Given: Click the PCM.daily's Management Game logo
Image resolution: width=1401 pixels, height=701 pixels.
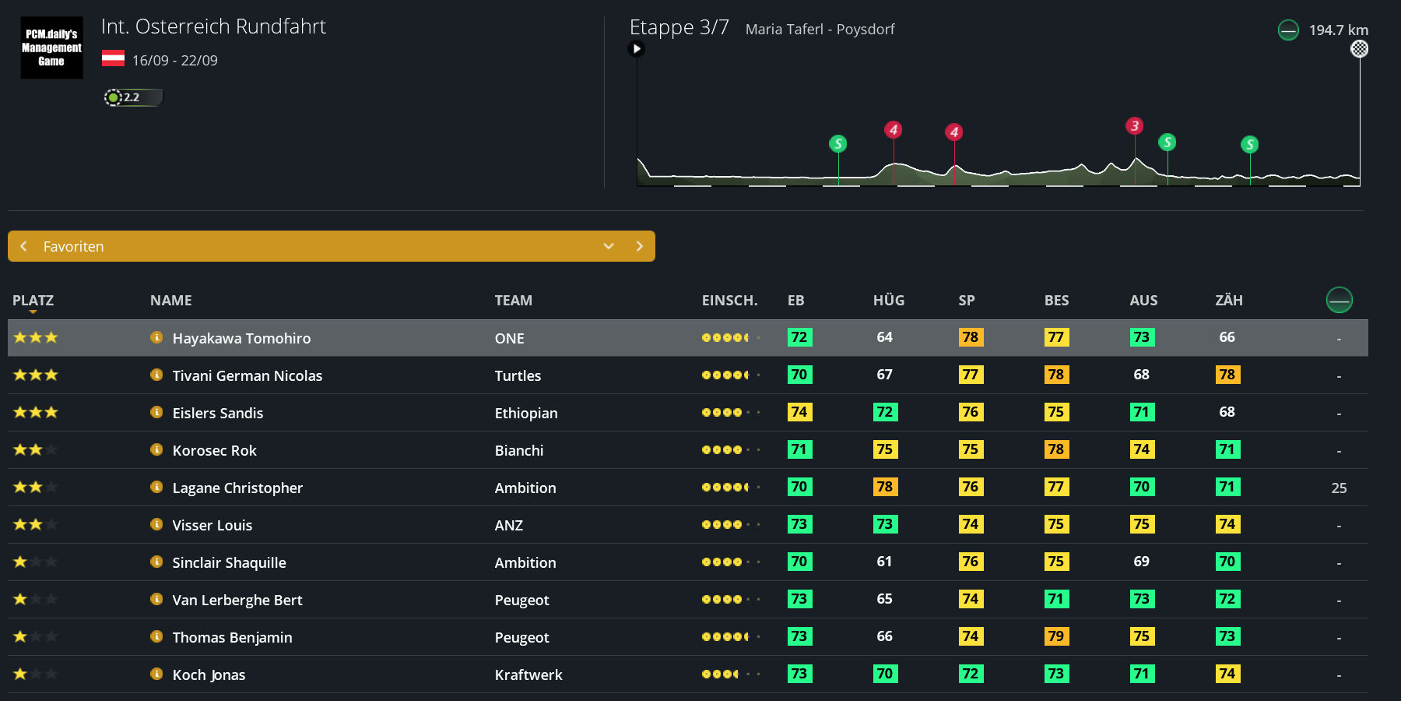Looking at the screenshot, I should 51,48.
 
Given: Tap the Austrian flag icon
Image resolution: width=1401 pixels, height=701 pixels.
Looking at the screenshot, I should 113,58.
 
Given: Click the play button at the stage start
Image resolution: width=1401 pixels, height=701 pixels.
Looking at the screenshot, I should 637,49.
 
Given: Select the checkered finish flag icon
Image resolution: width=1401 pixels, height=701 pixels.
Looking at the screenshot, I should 1359,49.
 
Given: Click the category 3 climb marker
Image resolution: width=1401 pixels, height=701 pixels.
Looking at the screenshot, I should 1135,126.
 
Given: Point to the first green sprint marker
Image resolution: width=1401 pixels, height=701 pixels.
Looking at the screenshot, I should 838,144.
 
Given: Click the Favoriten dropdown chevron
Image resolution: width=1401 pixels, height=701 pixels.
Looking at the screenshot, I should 609,246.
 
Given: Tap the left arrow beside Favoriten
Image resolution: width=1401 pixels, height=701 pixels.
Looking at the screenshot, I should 24,246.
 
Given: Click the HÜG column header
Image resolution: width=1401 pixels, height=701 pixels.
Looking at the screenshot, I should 888,301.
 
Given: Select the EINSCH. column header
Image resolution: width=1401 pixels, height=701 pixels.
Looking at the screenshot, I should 729,301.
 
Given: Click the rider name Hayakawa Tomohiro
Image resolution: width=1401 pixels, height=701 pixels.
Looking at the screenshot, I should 241,338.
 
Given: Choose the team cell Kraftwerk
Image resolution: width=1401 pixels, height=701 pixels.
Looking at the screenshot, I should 528,675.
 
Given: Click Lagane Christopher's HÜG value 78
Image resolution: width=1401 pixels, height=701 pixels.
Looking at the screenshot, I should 885,487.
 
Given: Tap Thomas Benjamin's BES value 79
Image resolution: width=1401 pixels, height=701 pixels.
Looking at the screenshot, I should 1056,636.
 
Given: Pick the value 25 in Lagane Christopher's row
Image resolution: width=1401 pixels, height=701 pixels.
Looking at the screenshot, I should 1339,488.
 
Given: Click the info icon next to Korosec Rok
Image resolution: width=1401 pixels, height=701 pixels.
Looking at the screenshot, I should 156,449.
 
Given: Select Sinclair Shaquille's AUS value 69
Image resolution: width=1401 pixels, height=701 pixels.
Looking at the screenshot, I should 1141,562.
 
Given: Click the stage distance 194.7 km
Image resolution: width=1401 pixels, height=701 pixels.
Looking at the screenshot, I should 1338,30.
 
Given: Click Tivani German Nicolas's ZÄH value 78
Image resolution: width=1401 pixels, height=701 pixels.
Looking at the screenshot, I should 1227,375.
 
